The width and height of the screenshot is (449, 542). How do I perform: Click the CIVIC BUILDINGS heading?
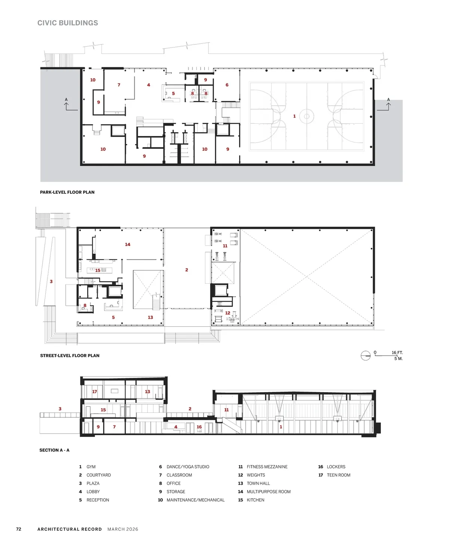point(68,23)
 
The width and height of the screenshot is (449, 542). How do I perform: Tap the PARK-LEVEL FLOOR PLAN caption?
point(67,192)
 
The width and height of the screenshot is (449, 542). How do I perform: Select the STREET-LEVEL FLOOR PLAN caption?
point(70,355)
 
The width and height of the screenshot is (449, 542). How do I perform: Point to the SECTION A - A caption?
point(54,450)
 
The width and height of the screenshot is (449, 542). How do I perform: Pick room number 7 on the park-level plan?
point(119,85)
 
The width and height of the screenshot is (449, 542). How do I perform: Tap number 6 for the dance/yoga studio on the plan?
point(227,85)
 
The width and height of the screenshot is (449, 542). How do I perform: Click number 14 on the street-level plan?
point(128,244)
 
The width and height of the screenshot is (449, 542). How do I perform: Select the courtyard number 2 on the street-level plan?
point(187,270)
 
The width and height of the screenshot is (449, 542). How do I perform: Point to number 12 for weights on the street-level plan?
point(227,313)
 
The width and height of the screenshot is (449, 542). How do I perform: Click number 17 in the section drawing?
point(95,391)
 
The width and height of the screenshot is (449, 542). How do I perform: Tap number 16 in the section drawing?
point(199,427)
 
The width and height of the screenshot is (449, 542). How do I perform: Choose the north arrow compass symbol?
point(366,355)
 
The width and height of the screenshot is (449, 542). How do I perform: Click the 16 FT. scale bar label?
point(397,352)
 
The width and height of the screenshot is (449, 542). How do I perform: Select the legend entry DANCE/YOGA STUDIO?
point(188,467)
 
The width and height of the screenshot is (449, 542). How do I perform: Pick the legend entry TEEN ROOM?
point(339,475)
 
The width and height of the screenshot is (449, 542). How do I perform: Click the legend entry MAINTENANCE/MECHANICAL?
point(195,500)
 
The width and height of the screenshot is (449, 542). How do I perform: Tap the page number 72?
point(19,529)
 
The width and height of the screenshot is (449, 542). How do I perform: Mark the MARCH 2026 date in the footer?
point(123,529)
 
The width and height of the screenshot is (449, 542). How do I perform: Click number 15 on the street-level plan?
point(98,270)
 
